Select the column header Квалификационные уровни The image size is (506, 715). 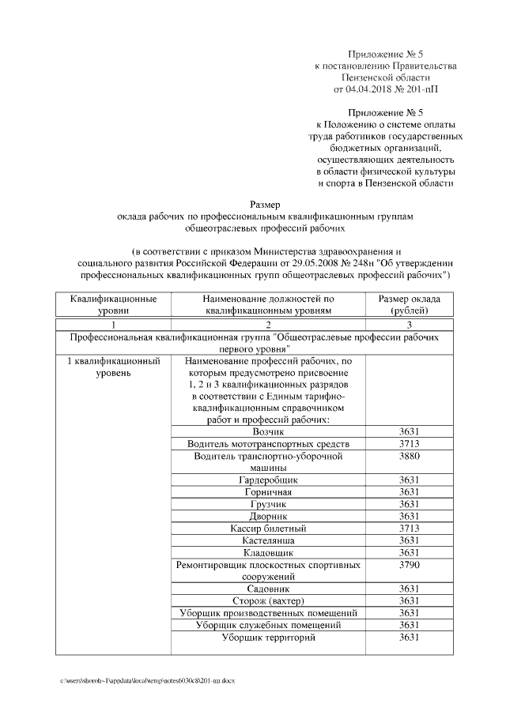113,305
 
